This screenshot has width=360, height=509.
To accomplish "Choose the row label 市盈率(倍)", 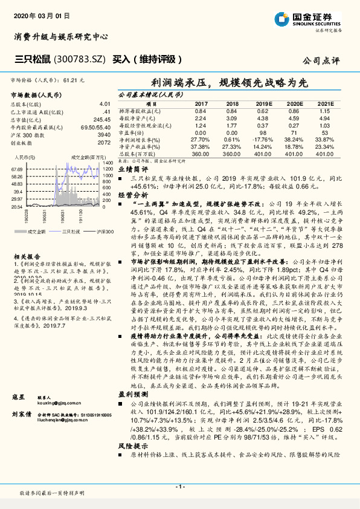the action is [132, 132].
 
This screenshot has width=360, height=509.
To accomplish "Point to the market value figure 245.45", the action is [102, 120].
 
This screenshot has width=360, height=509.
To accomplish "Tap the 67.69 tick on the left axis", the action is [17, 170].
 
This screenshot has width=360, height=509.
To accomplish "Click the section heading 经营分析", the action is [130, 195].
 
